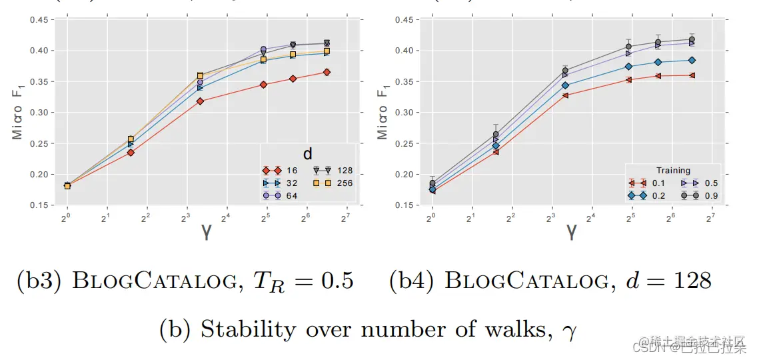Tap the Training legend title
click(x=673, y=171)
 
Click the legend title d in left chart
click(x=308, y=154)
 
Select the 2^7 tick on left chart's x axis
click(x=347, y=217)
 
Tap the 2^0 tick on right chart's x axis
click(x=432, y=217)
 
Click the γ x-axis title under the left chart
click(x=206, y=232)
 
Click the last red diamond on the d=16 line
click(x=327, y=72)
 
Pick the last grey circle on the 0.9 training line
click(x=692, y=39)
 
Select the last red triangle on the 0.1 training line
click(x=692, y=75)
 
